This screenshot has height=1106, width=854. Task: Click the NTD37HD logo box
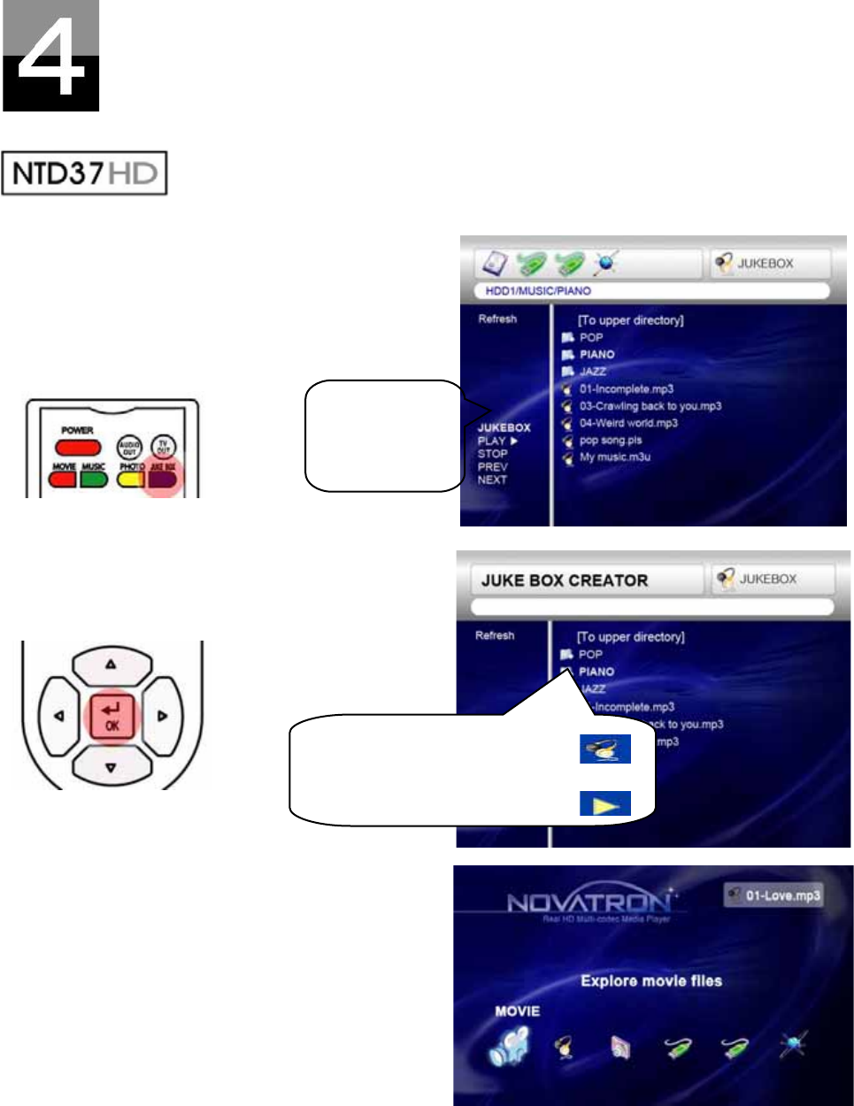[x=84, y=173]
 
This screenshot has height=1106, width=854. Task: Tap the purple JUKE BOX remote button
[x=162, y=479]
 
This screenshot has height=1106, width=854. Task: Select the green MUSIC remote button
[x=93, y=479]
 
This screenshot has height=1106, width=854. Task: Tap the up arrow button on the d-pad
[x=111, y=664]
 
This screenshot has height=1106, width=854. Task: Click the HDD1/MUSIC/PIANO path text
[x=538, y=290]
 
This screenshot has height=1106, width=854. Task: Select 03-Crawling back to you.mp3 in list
[x=650, y=406]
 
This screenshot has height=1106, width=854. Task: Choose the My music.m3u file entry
[x=614, y=457]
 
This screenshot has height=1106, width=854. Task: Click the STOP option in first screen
[x=492, y=454]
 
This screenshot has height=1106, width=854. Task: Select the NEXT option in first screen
[x=492, y=480]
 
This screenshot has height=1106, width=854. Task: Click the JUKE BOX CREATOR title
[x=565, y=580]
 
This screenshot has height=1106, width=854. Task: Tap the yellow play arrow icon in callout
[x=605, y=804]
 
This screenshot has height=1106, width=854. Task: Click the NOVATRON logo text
[x=589, y=903]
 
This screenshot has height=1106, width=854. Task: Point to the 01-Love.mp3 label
[x=782, y=895]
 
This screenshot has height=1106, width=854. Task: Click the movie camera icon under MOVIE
[x=510, y=1048]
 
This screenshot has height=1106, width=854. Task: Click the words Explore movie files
[x=651, y=980]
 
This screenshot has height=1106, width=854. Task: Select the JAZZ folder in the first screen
[x=592, y=372]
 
